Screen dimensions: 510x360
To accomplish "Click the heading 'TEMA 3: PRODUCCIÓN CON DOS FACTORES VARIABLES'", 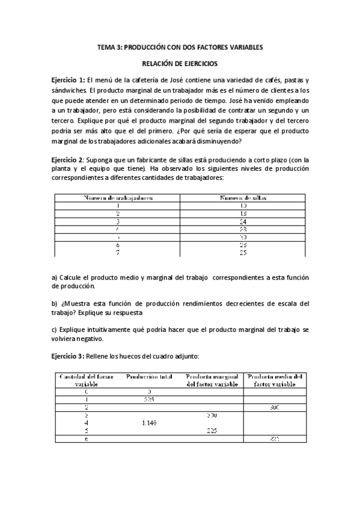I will pyautogui.click(x=180, y=47).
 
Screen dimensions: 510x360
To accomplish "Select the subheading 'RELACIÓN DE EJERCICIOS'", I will pyautogui.click(x=180, y=63).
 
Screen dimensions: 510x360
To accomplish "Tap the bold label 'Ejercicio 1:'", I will pyautogui.click(x=69, y=80).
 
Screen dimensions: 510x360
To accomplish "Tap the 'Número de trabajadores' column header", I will pyautogui.click(x=118, y=197).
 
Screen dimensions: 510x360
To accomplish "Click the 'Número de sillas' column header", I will pyautogui.click(x=243, y=197).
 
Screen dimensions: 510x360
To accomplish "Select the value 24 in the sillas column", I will pyautogui.click(x=243, y=221).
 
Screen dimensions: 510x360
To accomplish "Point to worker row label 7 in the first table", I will pyautogui.click(x=118, y=252).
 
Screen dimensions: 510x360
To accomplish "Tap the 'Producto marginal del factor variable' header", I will pyautogui.click(x=213, y=380).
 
